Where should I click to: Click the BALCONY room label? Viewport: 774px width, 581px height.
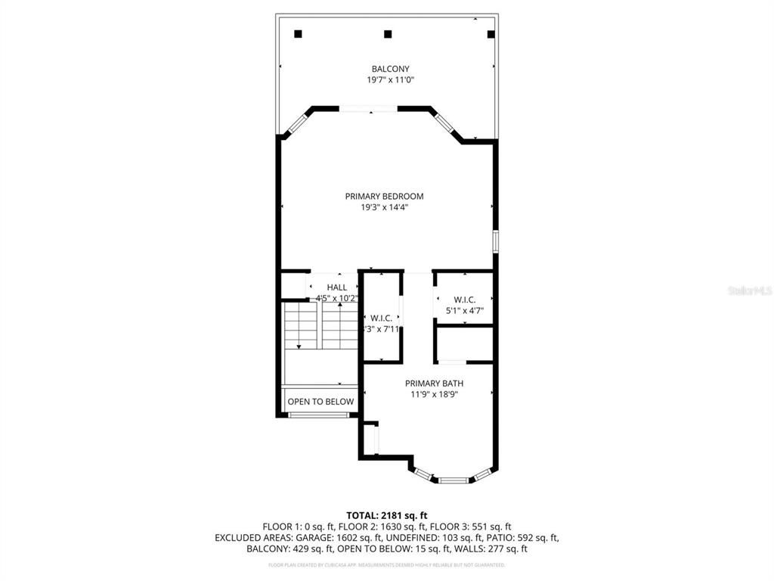click(x=390, y=69)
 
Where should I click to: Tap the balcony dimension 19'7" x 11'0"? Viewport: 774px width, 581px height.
click(x=390, y=79)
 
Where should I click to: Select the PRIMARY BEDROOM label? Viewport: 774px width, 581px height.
click(x=384, y=196)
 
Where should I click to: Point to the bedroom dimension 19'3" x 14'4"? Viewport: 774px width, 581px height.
click(x=384, y=207)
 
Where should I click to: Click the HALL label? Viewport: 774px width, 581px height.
click(x=336, y=287)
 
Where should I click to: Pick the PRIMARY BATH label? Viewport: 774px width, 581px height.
click(x=432, y=383)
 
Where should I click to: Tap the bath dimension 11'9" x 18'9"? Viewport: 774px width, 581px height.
click(x=432, y=394)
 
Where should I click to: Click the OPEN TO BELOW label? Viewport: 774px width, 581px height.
click(x=320, y=402)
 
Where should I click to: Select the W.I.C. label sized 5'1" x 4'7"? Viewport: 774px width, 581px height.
click(x=464, y=300)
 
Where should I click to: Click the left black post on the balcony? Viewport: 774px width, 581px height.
click(x=298, y=33)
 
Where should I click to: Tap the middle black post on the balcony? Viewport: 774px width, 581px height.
click(x=388, y=33)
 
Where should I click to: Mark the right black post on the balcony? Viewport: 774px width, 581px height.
click(x=491, y=33)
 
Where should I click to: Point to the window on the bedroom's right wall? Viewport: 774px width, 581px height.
click(x=496, y=241)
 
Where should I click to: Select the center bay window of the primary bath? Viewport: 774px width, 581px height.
click(x=454, y=480)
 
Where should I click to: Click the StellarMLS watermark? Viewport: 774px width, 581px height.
click(x=748, y=290)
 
